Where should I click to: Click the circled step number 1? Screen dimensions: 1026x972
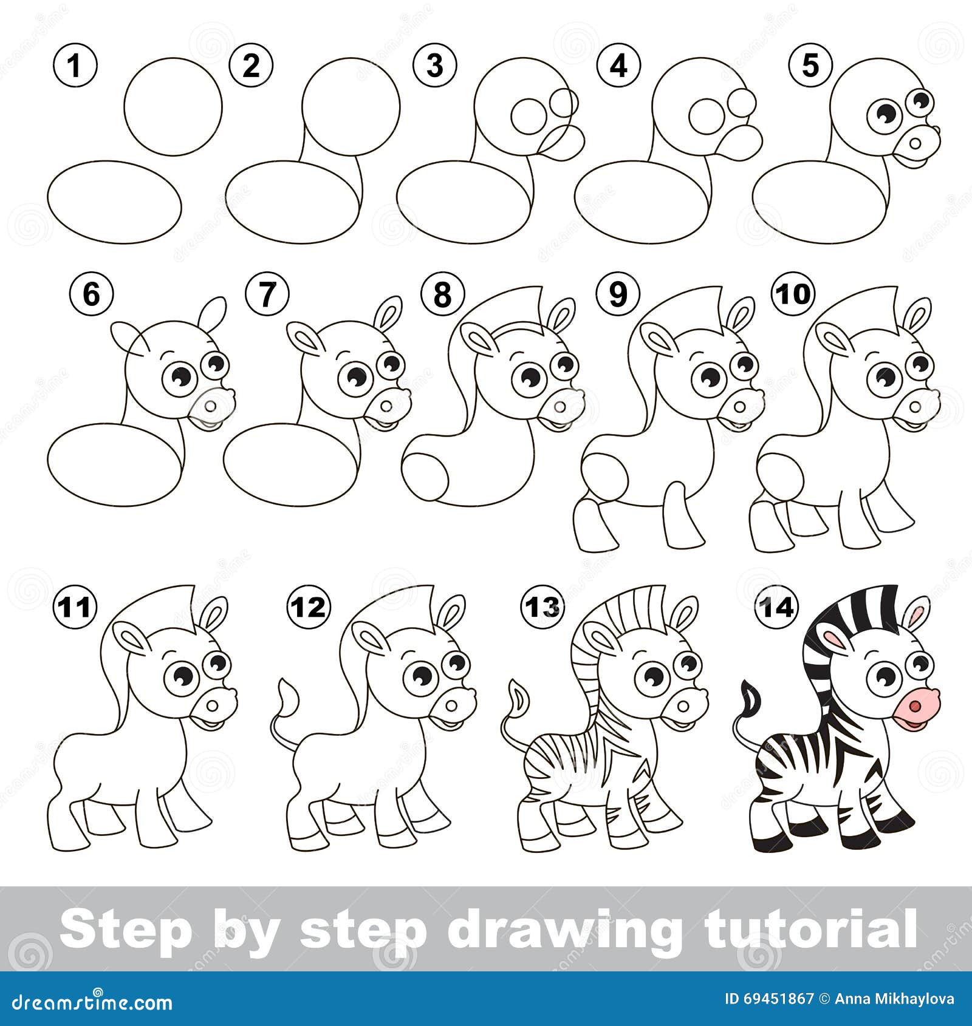pyautogui.click(x=75, y=66)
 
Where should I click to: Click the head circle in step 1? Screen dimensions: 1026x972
pyautogui.click(x=174, y=106)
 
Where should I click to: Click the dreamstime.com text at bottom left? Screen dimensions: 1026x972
pyautogui.click(x=87, y=1002)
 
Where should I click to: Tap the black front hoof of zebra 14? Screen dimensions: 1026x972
pyautogui.click(x=863, y=841)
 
